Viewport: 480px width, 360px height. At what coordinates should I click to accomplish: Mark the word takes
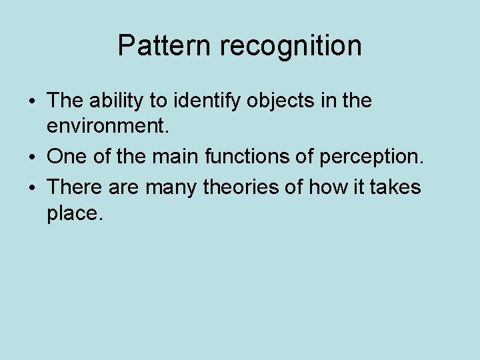pos(397,187)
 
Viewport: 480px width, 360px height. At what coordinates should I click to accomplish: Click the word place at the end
pos(72,215)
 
